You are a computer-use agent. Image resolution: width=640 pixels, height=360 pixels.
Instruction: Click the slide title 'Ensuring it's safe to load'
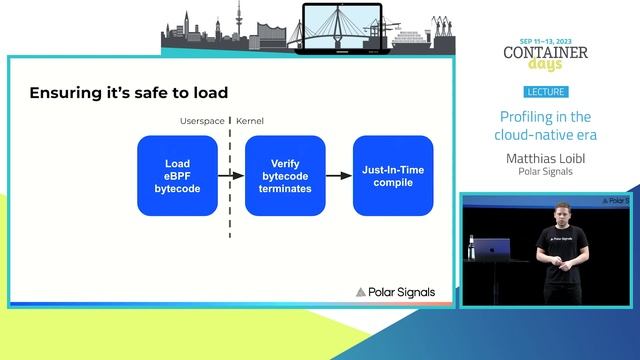tap(128, 93)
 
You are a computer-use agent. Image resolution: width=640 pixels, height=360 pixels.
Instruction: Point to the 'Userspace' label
tap(201, 120)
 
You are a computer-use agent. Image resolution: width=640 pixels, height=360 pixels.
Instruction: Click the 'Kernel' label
tap(252, 120)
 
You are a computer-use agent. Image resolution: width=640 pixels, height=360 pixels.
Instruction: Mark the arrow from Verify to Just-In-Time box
tap(339, 176)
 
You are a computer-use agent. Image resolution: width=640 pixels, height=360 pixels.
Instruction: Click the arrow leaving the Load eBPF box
tap(231, 176)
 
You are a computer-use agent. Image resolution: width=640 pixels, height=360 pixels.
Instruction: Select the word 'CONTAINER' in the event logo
tap(545, 53)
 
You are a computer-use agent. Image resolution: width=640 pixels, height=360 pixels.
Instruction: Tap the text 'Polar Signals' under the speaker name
tap(545, 171)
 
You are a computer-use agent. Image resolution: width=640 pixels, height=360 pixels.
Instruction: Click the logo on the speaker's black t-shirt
tap(558, 241)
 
